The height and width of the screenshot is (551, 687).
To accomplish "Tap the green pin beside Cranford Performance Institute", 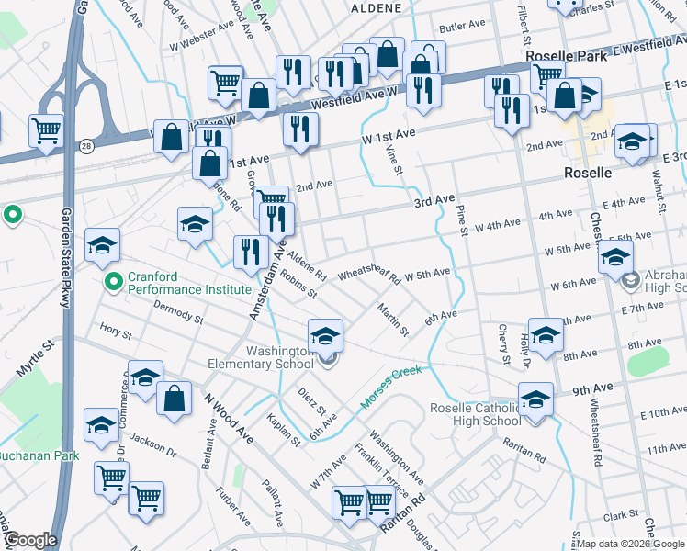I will [113, 281].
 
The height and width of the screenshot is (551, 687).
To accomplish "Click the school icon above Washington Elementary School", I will [325, 337].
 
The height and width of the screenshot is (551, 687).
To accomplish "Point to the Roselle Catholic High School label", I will [475, 414].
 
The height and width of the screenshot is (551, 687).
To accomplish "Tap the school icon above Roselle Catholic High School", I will [535, 400].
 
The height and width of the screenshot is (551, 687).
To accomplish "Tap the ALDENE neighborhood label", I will [377, 7].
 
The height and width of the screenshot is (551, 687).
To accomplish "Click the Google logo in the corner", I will [29, 540].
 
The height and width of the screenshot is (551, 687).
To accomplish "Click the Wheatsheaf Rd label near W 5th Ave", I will [370, 272].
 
